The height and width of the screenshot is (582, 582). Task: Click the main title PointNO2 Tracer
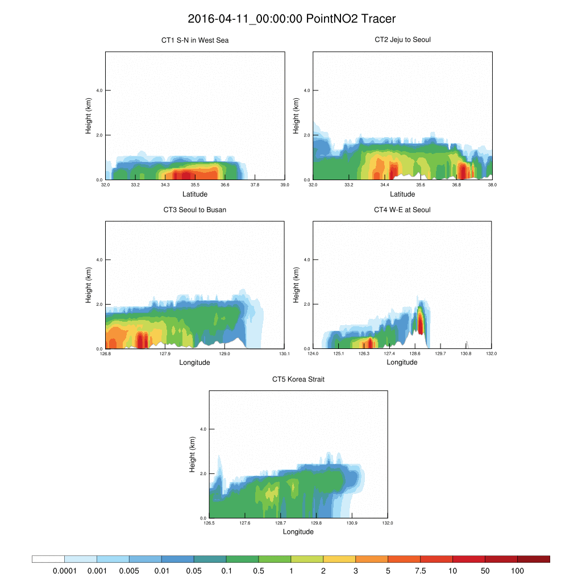click(x=291, y=19)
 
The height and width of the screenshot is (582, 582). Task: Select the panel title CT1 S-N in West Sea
click(x=195, y=40)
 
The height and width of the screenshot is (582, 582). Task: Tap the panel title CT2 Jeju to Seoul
click(x=402, y=40)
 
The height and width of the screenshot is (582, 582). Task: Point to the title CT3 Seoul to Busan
click(x=195, y=210)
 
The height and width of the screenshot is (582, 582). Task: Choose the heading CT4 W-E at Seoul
click(x=402, y=210)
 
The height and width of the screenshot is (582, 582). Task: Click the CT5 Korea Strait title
click(x=298, y=379)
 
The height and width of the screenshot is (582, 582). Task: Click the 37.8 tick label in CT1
click(x=255, y=184)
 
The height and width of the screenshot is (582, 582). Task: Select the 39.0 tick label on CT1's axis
click(x=285, y=184)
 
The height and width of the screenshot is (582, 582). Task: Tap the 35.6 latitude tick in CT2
click(x=421, y=184)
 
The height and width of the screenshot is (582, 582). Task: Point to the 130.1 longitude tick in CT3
click(x=285, y=354)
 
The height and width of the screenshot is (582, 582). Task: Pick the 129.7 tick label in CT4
click(x=440, y=354)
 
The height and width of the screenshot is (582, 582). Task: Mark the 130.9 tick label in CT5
click(x=352, y=523)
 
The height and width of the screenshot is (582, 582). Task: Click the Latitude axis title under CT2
click(x=402, y=194)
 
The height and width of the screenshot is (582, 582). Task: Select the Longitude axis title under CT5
click(x=298, y=532)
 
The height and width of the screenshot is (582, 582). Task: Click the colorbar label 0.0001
click(x=64, y=570)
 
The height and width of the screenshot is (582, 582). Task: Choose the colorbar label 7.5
click(x=421, y=570)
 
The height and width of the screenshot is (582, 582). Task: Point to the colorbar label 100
click(x=517, y=570)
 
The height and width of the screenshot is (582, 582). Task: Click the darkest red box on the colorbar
click(x=534, y=559)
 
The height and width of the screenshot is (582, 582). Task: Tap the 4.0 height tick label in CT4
click(x=306, y=260)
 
